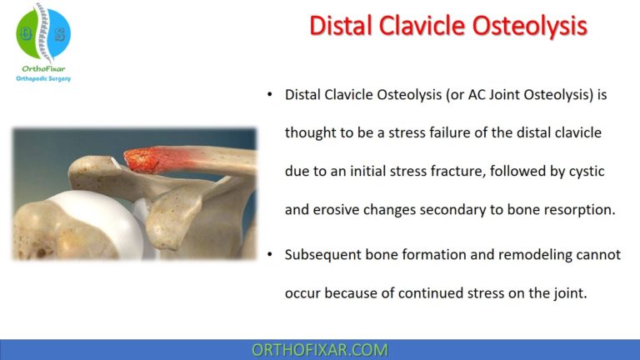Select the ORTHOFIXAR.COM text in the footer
pyautogui.click(x=319, y=349)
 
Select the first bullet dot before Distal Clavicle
pyautogui.click(x=269, y=95)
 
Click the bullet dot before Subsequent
pyautogui.click(x=269, y=255)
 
